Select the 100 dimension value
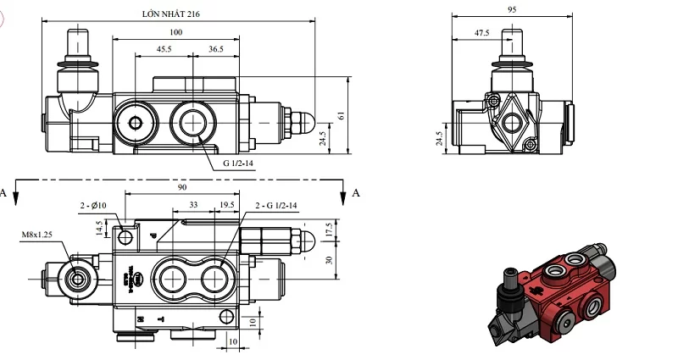[175, 32]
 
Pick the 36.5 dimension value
[215, 50]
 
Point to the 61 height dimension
[342, 115]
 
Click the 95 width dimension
[511, 10]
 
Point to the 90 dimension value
[182, 187]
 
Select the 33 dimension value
[193, 206]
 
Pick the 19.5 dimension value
[226, 206]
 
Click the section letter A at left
[4, 193]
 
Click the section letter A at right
[356, 193]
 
